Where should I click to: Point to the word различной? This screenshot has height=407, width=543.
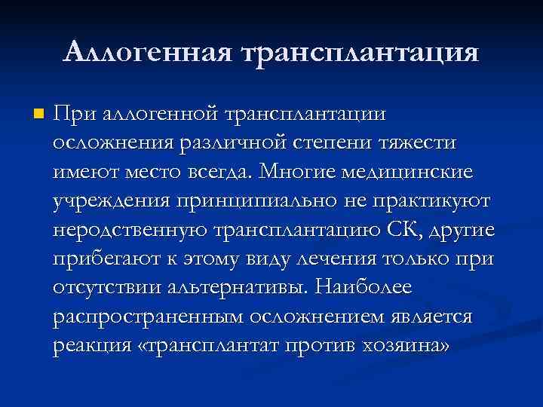241,143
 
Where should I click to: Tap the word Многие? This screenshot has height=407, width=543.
296,172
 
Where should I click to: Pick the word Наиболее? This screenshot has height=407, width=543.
362,287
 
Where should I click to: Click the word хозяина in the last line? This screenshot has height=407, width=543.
406,346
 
